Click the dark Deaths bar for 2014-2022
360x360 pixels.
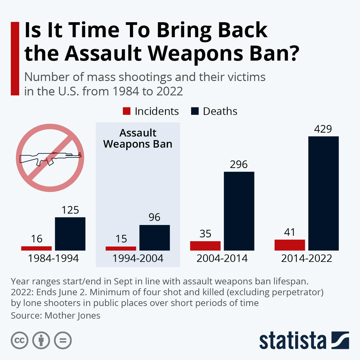tap(323, 193)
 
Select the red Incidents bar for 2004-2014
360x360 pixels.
tap(205, 246)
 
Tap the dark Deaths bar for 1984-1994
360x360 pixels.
tap(70, 234)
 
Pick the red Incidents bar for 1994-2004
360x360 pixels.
tap(121, 248)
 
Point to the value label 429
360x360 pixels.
tap(323, 129)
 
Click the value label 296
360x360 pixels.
tap(239, 164)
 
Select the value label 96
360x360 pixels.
tap(154, 217)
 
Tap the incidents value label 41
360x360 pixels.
tap(289, 232)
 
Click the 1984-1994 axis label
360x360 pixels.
tap(53, 258)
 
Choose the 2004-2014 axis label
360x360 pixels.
tap(222, 258)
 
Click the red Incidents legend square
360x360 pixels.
tap(127, 111)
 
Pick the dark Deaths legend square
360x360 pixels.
tap(195, 111)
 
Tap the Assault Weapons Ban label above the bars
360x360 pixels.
tap(138, 139)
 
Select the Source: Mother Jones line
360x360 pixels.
tap(55, 316)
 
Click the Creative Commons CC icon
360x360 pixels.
tap(20, 340)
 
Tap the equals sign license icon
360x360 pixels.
tap(63, 340)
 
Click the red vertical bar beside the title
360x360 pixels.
tap(15, 58)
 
